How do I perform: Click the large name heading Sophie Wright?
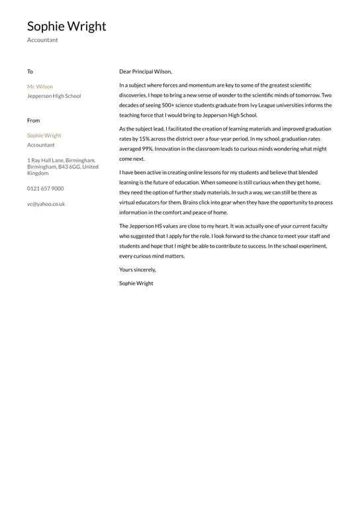[x=66, y=26]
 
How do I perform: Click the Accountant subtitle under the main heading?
[x=42, y=40]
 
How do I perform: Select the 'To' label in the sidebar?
[x=30, y=71]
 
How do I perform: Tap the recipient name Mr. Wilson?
[x=40, y=87]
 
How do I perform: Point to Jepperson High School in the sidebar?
[x=54, y=96]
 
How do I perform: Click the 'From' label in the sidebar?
[x=33, y=120]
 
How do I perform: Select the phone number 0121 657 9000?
[x=45, y=189]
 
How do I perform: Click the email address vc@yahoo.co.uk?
[x=46, y=205]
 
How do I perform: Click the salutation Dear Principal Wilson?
[x=145, y=71]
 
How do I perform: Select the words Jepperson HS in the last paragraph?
[x=145, y=226]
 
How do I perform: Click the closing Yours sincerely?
[x=138, y=270]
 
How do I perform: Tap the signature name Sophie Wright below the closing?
[x=136, y=283]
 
